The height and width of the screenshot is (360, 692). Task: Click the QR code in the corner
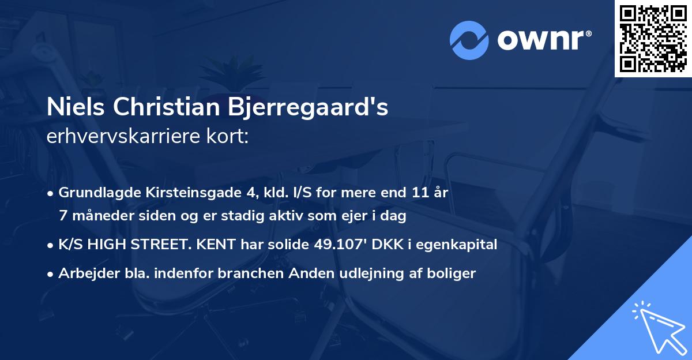point(653,38)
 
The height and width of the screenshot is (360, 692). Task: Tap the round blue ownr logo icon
point(469,39)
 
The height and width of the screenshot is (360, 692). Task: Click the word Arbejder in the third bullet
point(85,273)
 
